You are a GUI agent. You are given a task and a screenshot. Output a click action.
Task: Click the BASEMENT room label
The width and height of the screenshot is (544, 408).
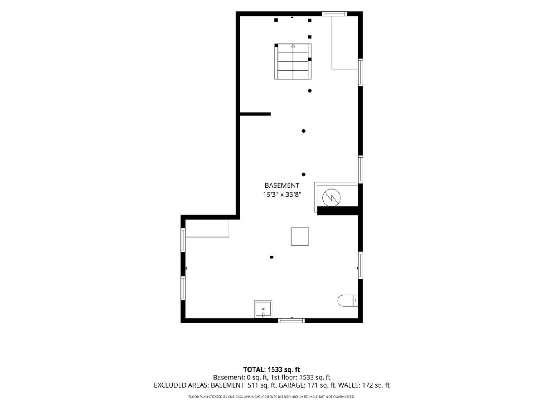(282, 185)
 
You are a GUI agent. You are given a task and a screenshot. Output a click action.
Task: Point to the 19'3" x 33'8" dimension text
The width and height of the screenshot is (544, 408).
(282, 194)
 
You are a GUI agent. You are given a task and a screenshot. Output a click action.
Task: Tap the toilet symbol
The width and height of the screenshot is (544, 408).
(348, 301)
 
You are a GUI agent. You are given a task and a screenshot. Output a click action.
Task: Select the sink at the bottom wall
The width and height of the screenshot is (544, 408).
(263, 309)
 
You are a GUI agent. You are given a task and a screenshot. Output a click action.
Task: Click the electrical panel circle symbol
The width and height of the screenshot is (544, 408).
(331, 198)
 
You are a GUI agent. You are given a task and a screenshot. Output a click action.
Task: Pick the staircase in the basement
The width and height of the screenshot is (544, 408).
(293, 62)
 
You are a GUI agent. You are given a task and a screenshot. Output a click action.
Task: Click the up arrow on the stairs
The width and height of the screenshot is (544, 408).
(293, 46)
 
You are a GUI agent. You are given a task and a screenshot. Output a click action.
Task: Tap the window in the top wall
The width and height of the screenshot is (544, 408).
(334, 14)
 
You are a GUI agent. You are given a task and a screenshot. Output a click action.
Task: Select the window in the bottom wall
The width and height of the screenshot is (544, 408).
(291, 321)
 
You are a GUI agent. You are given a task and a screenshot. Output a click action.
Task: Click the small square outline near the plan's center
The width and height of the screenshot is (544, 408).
(300, 237)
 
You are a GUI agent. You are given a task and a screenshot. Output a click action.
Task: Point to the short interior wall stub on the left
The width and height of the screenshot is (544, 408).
(255, 114)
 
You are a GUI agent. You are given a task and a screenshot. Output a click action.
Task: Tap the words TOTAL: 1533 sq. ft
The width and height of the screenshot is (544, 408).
(272, 369)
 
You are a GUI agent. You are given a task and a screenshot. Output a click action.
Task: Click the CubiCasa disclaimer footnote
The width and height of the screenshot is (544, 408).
(272, 397)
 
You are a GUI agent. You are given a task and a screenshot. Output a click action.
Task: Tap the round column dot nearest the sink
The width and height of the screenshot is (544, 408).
(272, 257)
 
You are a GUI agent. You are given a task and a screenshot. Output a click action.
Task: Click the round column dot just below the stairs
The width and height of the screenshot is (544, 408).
(310, 91)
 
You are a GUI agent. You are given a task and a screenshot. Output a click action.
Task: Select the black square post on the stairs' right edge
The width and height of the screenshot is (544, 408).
(310, 59)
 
